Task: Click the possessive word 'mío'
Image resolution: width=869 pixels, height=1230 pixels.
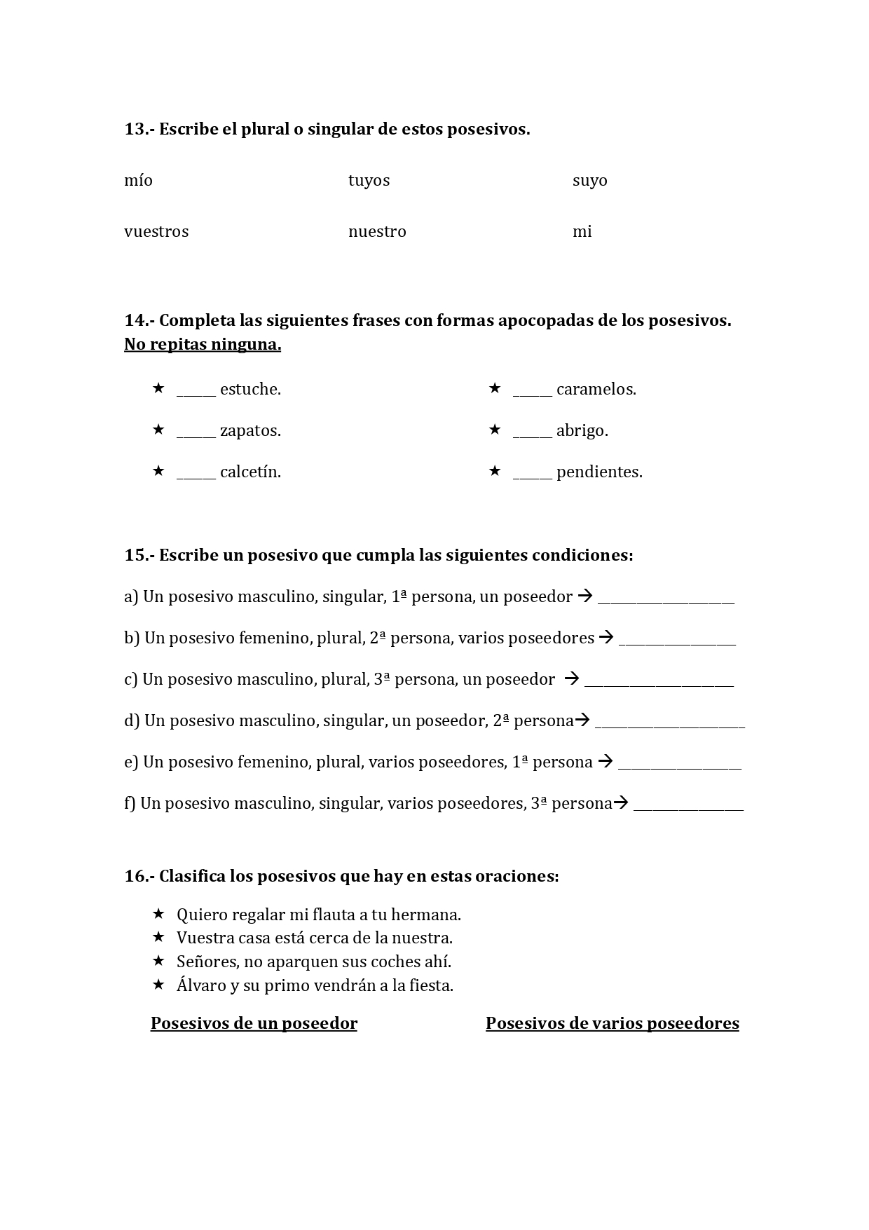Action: click(138, 181)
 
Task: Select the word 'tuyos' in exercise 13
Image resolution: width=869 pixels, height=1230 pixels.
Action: click(369, 181)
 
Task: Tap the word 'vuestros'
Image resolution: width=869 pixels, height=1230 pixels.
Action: click(156, 232)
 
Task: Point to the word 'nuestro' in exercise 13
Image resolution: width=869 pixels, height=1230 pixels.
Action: click(377, 232)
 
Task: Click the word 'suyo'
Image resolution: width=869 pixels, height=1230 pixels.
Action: click(589, 181)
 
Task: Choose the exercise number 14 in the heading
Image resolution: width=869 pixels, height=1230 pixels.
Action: click(134, 320)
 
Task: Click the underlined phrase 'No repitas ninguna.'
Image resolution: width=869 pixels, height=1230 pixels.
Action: click(203, 345)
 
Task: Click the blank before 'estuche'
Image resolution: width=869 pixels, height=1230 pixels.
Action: click(196, 391)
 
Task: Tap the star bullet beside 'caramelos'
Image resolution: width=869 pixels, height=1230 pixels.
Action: click(495, 388)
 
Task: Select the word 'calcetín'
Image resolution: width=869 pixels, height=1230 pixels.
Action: click(250, 472)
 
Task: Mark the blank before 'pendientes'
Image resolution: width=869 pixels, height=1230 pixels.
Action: click(532, 474)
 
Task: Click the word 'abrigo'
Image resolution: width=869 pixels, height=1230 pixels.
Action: click(582, 431)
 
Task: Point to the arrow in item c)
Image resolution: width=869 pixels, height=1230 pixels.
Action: click(572, 678)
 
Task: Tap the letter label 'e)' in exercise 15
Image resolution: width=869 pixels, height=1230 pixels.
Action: click(131, 762)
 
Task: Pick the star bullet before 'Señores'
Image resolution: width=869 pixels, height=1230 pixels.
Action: click(158, 960)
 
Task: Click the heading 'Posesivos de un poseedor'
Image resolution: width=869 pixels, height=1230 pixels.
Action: click(254, 1023)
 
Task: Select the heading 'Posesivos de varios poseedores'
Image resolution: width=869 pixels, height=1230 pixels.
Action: click(612, 1023)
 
